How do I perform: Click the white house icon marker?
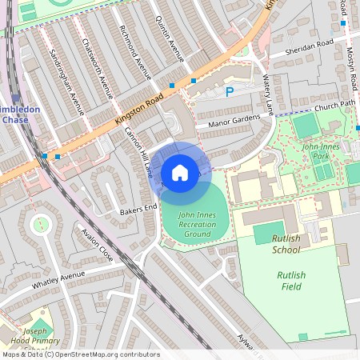pos(180,172)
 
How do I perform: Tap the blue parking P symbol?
pos(230,92)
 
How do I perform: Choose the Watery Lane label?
pos(268,95)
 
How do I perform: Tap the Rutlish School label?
pos(286,243)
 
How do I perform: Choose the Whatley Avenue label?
pos(58,281)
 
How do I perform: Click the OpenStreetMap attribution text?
pos(81,354)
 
